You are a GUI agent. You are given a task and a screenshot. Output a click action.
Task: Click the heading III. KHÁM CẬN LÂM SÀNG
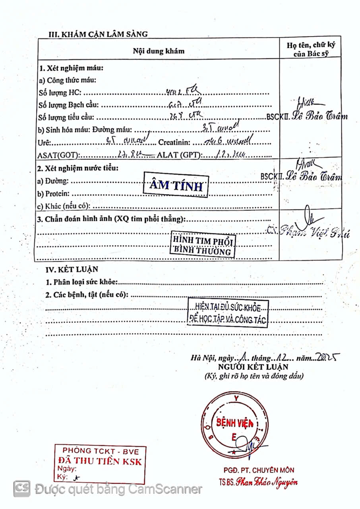click(98, 34)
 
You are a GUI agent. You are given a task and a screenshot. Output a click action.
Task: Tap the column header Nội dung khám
click(159, 51)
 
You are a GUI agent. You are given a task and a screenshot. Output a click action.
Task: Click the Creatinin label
click(175, 142)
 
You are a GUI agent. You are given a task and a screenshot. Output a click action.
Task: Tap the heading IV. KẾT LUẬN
click(72, 269)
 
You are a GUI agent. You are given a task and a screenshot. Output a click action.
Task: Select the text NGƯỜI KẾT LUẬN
click(253, 367)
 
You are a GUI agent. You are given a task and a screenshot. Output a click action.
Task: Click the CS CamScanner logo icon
click(22, 488)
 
